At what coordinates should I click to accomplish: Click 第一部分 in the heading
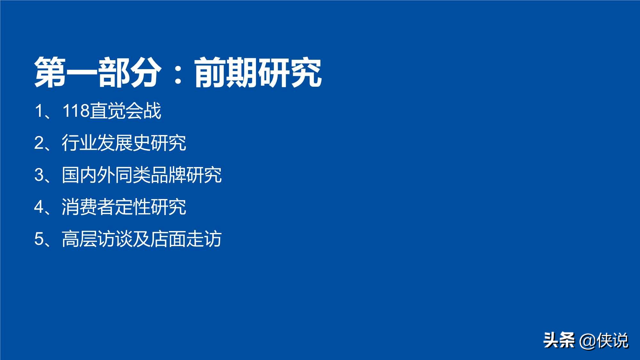[98, 73]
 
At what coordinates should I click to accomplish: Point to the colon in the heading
[178, 73]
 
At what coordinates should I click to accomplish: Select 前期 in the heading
[226, 73]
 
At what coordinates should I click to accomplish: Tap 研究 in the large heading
[290, 73]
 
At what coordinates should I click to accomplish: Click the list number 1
[39, 111]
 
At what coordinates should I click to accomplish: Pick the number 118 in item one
[76, 111]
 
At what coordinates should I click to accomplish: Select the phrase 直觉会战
[125, 111]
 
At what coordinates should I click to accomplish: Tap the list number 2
[39, 143]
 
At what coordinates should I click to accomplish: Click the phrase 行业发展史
[106, 143]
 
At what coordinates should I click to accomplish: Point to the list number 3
[39, 175]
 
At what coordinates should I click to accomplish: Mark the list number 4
[39, 207]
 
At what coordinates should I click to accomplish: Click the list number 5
[39, 239]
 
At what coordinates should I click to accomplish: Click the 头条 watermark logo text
[559, 340]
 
